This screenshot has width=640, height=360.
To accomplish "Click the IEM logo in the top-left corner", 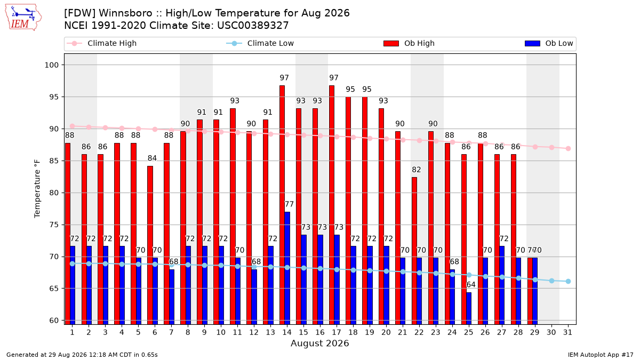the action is [23, 18].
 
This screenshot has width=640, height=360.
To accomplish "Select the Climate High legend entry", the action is [101, 43].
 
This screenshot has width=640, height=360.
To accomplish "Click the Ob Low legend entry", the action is [549, 43].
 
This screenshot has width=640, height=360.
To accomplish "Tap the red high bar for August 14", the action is [282, 205].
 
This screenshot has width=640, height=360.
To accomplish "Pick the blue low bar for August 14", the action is [287, 268].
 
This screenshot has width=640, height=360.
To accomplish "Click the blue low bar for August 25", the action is [469, 308].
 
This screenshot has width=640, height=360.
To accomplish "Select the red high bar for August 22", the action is [414, 251].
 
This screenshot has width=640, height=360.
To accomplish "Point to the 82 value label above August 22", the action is [417, 170].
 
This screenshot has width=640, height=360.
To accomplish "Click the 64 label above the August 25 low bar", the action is [471, 285].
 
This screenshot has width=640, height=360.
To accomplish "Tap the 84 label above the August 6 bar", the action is [152, 158].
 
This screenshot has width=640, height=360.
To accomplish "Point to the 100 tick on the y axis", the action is [51, 65].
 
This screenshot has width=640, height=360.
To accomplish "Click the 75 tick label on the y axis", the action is [54, 225].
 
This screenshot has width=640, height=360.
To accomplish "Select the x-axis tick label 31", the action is [567, 332].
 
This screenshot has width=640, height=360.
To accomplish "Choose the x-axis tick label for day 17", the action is [337, 332].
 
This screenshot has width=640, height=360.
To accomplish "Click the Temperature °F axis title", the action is [37, 189].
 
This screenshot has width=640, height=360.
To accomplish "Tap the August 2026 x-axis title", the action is [319, 343].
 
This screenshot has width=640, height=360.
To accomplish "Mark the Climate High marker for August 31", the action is [569, 149].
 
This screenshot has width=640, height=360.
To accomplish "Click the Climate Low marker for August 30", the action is [551, 281].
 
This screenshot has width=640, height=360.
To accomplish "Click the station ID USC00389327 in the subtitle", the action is [253, 26].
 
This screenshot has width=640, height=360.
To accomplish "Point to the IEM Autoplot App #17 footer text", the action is [601, 355].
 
